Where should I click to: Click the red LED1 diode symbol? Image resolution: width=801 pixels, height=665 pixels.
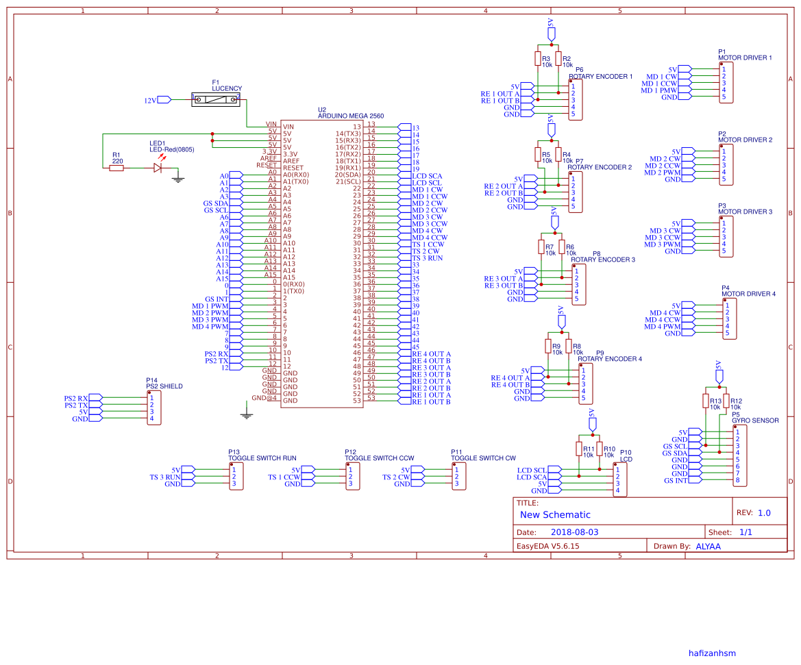[158, 166]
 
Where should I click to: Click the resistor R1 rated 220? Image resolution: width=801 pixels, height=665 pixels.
[117, 166]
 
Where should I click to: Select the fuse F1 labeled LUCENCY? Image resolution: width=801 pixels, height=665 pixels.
[216, 100]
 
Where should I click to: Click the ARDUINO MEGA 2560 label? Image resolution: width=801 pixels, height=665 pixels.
[351, 116]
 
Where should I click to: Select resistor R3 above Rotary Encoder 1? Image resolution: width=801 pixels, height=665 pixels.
[538, 59]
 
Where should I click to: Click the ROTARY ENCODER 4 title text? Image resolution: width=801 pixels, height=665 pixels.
[610, 359]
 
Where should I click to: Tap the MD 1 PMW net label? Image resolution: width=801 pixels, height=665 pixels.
[658, 90]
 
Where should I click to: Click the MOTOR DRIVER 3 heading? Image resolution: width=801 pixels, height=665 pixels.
[745, 212]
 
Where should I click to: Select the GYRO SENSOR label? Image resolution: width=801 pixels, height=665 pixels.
[755, 421]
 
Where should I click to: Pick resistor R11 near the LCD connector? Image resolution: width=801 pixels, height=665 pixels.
[579, 449]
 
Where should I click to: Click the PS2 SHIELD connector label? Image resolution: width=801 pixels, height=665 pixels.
[164, 386]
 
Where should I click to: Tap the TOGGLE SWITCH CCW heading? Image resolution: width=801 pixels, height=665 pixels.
[379, 458]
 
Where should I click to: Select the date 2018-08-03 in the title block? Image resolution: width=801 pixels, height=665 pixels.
[574, 532]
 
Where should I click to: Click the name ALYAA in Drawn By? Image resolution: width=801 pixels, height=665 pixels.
[708, 547]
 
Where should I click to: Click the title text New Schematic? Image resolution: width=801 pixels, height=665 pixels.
[554, 515]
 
